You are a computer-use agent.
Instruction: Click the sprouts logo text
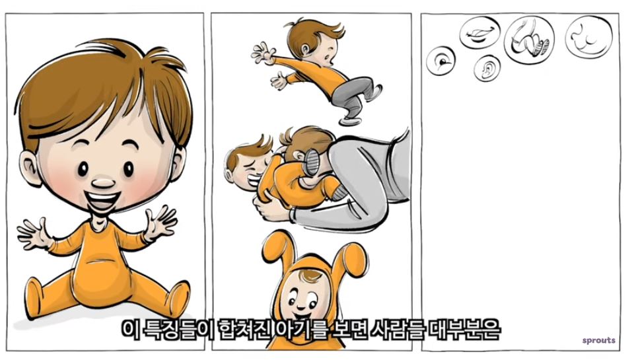pos(598,341)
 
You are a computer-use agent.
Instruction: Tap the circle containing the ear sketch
pos(487,69)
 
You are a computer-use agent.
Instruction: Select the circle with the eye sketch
pos(441,61)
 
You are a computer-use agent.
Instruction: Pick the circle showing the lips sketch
pos(479,32)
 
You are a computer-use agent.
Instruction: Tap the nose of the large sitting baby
pos(103,183)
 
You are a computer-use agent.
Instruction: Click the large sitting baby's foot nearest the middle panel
pos(178,299)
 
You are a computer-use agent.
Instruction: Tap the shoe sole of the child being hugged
pos(312,162)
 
